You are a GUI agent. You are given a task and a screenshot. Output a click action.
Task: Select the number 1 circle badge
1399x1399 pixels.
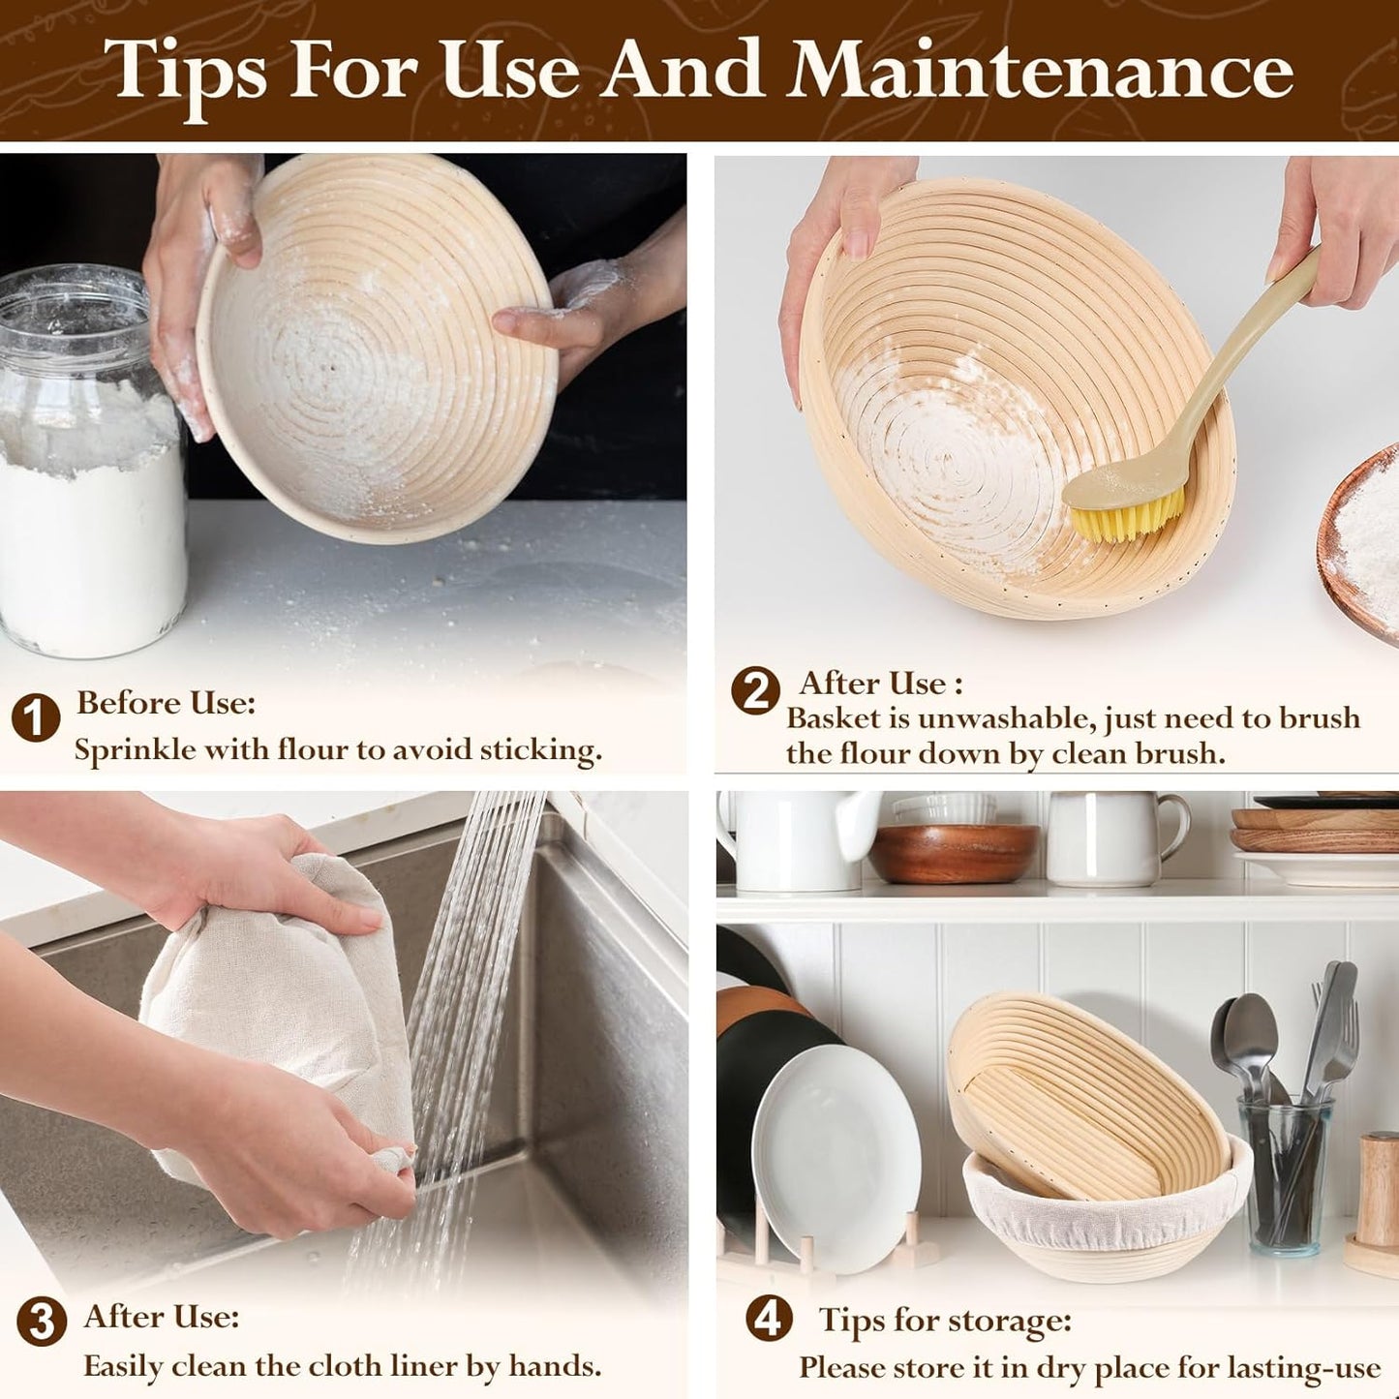click(36, 717)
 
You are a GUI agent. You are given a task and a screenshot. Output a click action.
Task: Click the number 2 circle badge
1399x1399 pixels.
click(756, 690)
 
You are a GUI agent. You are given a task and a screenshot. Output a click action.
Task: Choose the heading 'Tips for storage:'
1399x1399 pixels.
click(945, 1320)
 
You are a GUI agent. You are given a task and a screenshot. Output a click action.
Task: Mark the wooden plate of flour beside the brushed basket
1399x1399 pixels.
click(1359, 546)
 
